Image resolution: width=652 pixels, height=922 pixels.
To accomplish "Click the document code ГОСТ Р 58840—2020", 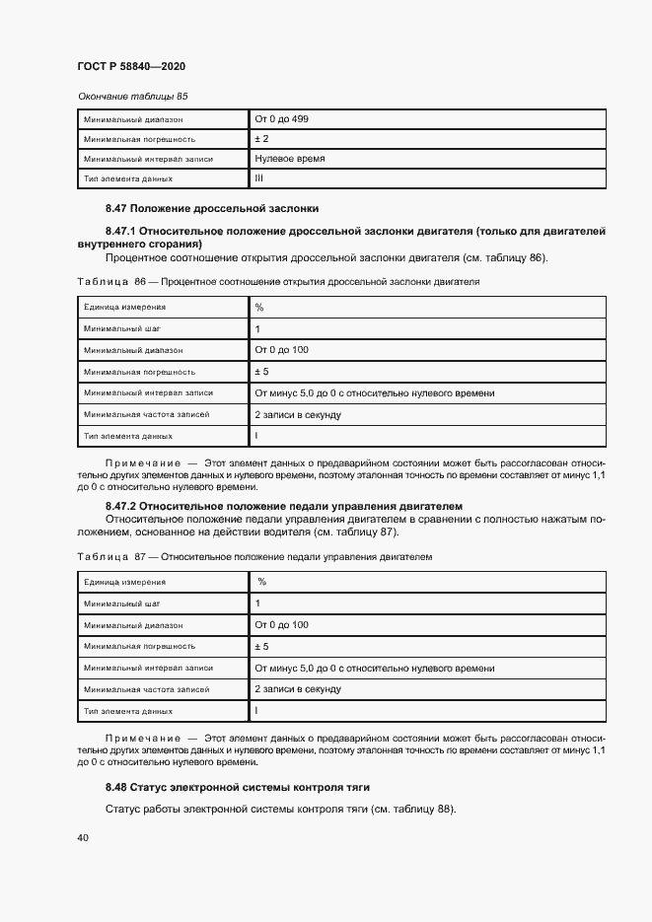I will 131,66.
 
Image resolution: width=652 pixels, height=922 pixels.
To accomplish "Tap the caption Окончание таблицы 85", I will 132,97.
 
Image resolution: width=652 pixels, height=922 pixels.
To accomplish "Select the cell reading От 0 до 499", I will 281,119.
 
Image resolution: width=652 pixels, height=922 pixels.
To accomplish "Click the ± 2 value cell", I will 261,139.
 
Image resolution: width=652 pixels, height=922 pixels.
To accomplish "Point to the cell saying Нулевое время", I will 290,159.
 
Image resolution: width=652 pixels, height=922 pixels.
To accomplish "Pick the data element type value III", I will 259,178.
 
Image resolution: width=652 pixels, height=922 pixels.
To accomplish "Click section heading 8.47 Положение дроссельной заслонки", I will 212,209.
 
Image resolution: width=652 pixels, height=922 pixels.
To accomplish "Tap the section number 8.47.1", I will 120,231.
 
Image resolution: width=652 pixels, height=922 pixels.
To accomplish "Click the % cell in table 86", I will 259,308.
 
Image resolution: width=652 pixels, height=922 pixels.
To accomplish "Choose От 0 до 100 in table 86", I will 281,350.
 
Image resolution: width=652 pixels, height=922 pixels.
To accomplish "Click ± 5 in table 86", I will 261,372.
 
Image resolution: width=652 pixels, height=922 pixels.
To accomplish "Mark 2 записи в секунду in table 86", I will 298,414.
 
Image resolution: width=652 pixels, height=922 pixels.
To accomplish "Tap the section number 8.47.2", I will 120,506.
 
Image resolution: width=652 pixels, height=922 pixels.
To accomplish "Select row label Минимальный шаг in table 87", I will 121,603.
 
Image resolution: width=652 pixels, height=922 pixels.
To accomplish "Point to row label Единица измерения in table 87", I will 124,582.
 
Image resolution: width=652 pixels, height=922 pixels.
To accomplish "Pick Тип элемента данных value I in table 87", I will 256,710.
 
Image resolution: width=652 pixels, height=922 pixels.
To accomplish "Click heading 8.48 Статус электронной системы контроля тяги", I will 238,787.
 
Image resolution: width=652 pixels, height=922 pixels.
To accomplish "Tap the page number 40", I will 83,838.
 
